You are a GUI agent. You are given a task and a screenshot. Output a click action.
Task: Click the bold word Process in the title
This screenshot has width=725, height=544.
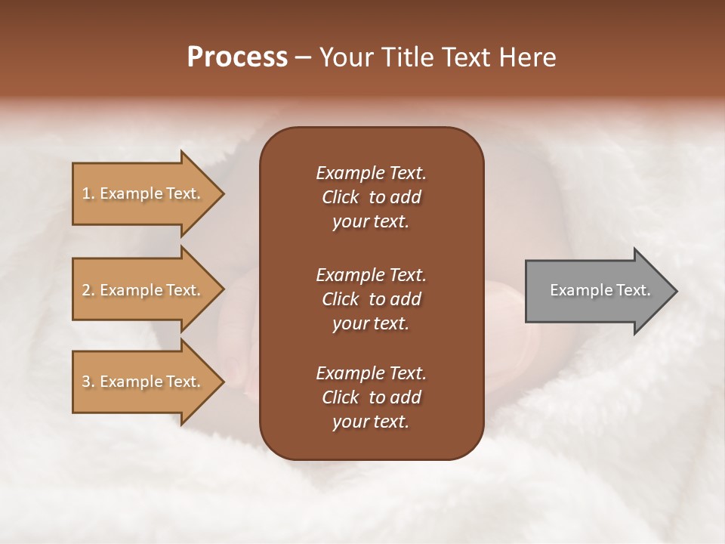[x=237, y=57]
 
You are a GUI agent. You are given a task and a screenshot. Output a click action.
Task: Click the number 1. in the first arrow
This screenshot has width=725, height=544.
[x=88, y=193]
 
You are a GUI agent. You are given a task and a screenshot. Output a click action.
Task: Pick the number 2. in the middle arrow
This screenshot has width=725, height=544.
[x=88, y=290]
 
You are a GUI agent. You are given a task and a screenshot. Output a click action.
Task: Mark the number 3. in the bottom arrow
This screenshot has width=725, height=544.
[x=88, y=382]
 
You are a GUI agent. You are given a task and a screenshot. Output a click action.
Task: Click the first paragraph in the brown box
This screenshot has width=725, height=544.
[x=371, y=197]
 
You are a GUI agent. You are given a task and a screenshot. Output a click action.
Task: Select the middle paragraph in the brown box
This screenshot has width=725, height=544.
[x=371, y=299]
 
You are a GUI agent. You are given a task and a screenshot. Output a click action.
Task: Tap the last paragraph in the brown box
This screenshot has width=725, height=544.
[x=371, y=397]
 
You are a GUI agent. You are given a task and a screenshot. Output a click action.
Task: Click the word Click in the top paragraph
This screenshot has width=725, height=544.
[x=340, y=197]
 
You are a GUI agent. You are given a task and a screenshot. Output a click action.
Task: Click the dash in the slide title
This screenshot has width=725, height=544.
[x=304, y=58]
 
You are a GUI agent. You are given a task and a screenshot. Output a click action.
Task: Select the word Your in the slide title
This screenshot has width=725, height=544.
[x=344, y=57]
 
